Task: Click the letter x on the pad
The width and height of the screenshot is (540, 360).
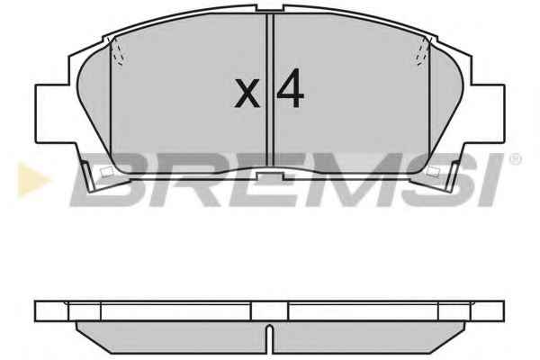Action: click(247, 93)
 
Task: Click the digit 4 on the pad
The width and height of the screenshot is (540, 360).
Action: click(291, 88)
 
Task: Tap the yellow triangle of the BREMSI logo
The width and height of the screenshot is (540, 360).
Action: click(33, 179)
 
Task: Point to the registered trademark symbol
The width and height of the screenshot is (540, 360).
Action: click(515, 159)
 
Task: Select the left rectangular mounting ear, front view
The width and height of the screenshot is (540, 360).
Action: click(52, 113)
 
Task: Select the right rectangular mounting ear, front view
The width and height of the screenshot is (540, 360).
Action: click(488, 113)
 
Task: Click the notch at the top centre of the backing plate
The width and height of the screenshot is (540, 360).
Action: click(270, 8)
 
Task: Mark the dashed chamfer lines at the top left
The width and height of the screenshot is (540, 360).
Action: click(116, 51)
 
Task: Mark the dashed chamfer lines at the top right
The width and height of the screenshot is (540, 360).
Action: click(423, 51)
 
